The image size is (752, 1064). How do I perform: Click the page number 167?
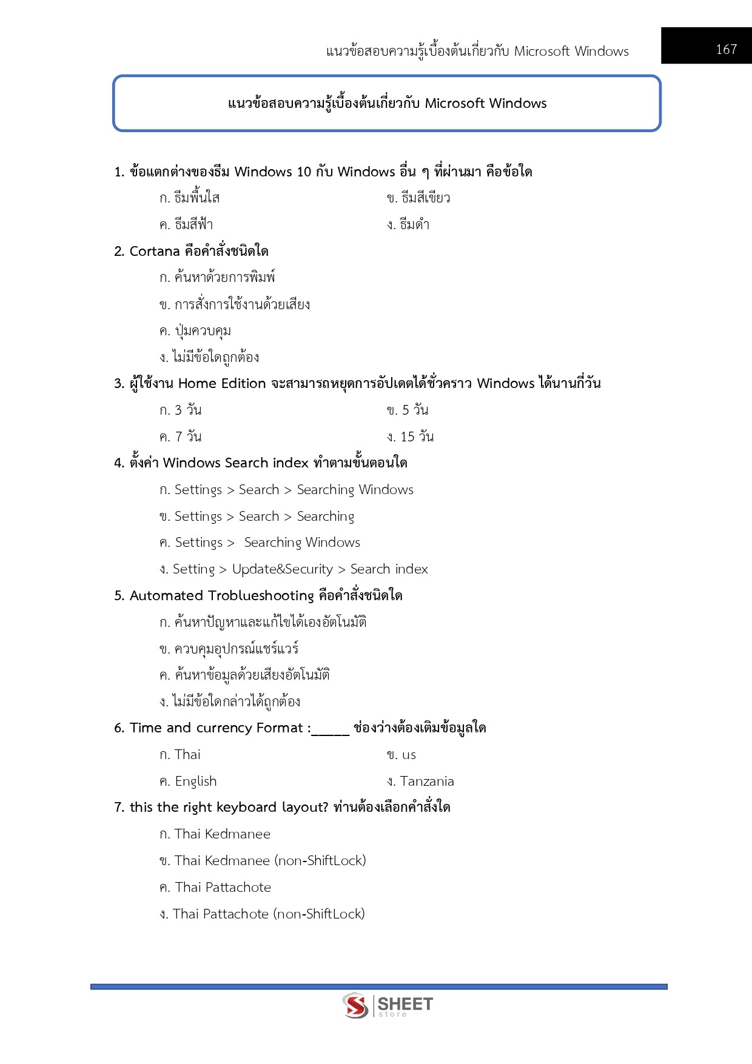(726, 49)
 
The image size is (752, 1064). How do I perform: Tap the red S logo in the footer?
(355, 1006)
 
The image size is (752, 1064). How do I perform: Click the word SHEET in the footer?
(405, 1004)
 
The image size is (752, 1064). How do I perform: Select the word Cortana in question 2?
(155, 251)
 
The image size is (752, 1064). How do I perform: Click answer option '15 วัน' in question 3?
(417, 437)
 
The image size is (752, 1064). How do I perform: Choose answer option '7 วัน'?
(187, 437)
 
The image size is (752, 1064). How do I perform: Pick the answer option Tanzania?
(426, 781)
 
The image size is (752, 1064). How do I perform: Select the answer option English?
(195, 781)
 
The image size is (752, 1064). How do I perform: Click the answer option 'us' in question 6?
(409, 755)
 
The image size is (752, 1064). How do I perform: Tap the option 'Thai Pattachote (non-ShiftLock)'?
(269, 914)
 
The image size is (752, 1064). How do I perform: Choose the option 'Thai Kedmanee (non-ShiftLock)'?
(270, 860)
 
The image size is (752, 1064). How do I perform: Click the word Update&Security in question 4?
(283, 569)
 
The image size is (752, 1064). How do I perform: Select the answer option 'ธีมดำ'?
(414, 225)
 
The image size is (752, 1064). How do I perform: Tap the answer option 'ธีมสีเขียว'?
(425, 198)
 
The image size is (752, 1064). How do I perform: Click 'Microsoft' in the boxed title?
(454, 104)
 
